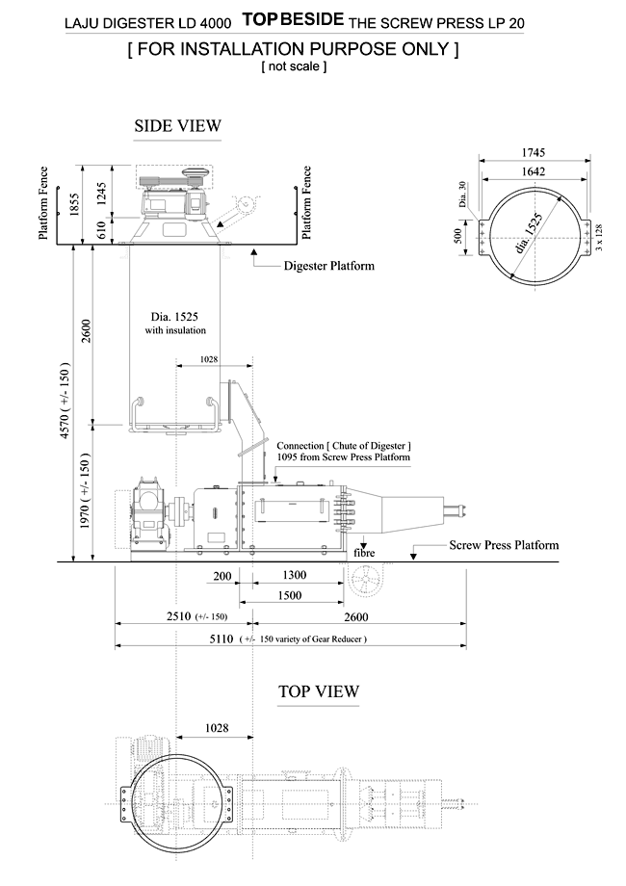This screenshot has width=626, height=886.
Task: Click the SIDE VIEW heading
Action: (x=178, y=125)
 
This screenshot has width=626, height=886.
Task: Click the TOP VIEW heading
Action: (x=318, y=691)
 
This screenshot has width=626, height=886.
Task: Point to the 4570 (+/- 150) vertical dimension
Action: (x=65, y=402)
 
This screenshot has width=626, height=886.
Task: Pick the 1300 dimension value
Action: (x=295, y=575)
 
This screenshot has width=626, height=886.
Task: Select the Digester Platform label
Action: (x=329, y=265)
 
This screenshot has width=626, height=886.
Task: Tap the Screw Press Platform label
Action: (x=504, y=545)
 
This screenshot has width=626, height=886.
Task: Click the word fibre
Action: (x=363, y=554)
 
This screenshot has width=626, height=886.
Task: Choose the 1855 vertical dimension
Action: (x=74, y=204)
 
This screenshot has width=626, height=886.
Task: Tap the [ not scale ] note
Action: (x=294, y=66)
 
